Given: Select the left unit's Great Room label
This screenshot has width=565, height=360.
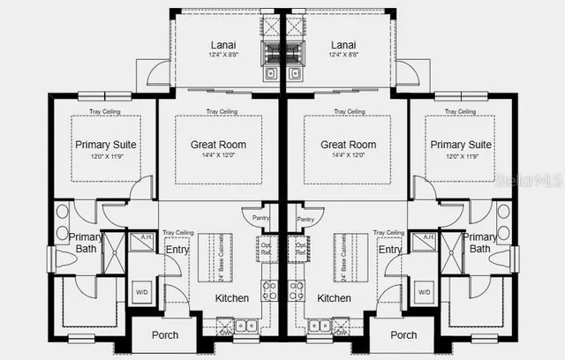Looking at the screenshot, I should pyautogui.click(x=218, y=145).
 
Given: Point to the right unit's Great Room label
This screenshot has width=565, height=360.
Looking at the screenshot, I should pyautogui.click(x=348, y=145).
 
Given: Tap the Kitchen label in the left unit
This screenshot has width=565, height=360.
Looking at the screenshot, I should pyautogui.click(x=232, y=298).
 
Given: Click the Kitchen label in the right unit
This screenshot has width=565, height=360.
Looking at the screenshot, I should pyautogui.click(x=334, y=298).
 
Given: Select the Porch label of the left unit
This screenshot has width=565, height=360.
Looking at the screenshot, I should pyautogui.click(x=164, y=335).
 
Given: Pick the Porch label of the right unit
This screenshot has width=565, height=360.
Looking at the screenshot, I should pyautogui.click(x=403, y=335).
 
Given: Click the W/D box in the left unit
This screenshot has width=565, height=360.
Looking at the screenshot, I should pyautogui.click(x=141, y=291).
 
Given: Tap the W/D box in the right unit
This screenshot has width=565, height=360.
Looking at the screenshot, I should pyautogui.click(x=424, y=291).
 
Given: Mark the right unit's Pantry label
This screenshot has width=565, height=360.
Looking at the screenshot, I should pyautogui.click(x=305, y=220).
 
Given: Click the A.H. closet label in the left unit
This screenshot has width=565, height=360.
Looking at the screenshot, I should pyautogui.click(x=141, y=237).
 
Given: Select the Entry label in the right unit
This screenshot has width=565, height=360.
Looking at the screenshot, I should pyautogui.click(x=389, y=250).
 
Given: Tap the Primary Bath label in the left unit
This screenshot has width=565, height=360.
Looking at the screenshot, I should pyautogui.click(x=86, y=243).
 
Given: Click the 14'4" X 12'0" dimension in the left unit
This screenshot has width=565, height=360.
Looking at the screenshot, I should pyautogui.click(x=218, y=156).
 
